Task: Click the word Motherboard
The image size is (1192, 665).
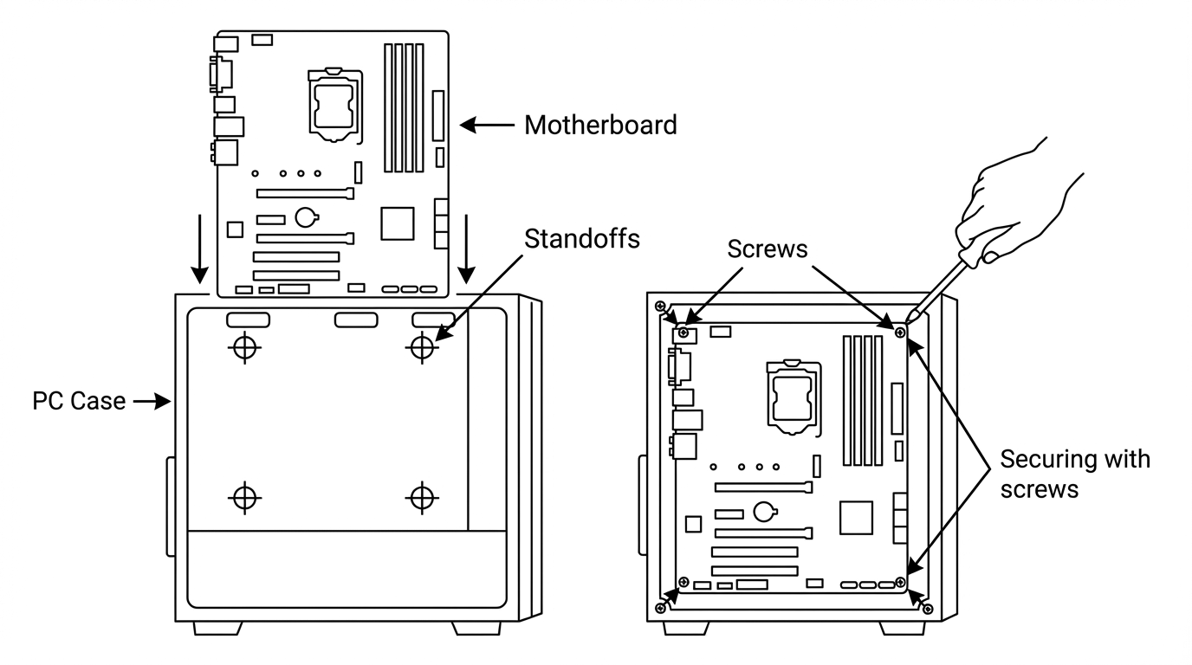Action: point(600,126)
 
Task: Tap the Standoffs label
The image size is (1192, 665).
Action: point(581,239)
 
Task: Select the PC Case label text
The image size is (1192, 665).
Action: point(79,401)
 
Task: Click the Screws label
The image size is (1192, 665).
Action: point(767,249)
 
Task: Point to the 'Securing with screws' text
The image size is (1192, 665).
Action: point(1075,474)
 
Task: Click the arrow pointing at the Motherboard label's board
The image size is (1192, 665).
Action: point(487,126)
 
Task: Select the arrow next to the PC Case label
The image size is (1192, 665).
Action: point(152,401)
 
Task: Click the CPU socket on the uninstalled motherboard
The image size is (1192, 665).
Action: point(335,106)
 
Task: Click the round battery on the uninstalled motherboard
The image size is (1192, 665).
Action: point(307,217)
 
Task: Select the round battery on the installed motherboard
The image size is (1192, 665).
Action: point(765,512)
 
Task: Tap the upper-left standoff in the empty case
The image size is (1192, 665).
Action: point(245,348)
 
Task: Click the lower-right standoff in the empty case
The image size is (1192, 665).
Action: point(422,498)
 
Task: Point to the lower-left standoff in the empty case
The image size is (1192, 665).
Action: point(245,498)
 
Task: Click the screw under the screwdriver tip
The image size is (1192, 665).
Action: point(900,332)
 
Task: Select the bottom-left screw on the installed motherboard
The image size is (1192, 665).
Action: point(683,582)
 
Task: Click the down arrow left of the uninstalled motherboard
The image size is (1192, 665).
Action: point(200,249)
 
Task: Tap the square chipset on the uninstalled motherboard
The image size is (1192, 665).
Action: point(398,223)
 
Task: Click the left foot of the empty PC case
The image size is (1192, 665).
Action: point(217,629)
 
